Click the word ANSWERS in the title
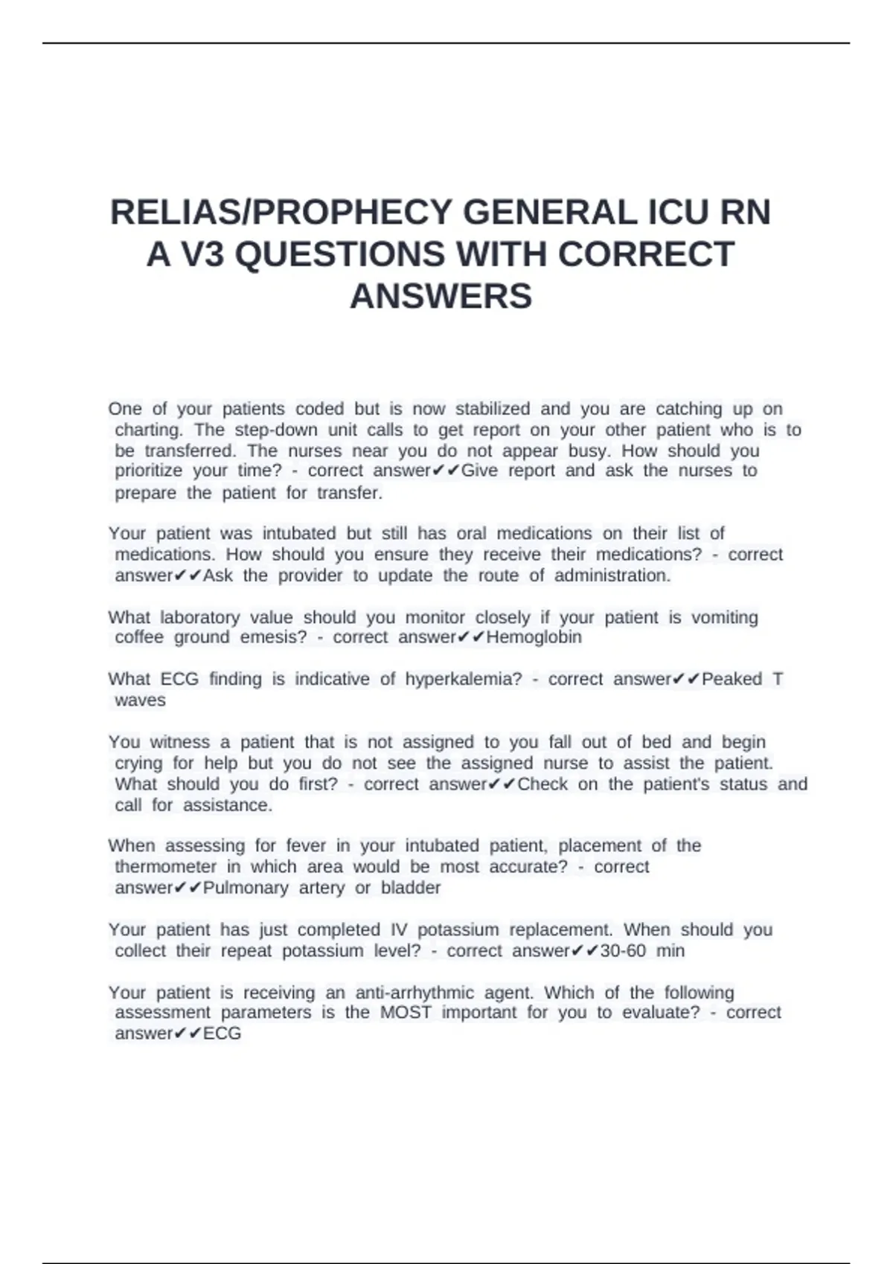coord(441,296)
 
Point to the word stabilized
coord(493,409)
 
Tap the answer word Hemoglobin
coord(534,637)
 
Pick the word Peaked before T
coord(732,679)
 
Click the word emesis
coord(273,637)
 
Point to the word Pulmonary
coord(246,888)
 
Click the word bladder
coord(411,888)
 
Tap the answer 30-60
coord(622,950)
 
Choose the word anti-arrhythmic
coord(415,993)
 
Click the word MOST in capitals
coord(406,1013)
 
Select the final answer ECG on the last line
coord(222,1034)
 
